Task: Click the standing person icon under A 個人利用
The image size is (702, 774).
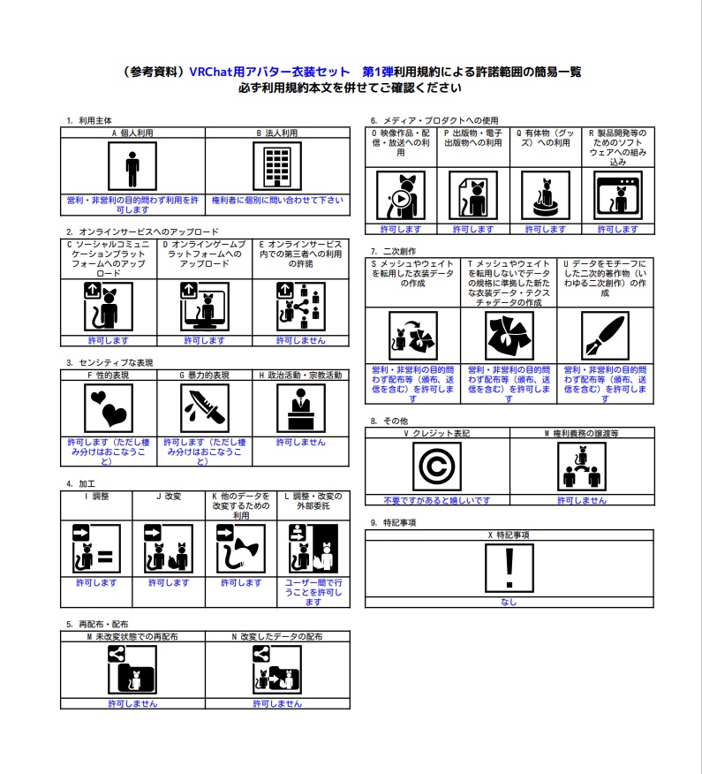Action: (132, 166)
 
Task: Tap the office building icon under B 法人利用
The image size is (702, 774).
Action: (277, 166)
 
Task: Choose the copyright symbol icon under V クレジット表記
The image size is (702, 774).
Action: (437, 467)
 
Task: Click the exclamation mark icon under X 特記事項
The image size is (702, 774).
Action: (510, 568)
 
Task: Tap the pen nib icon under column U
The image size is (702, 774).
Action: (605, 336)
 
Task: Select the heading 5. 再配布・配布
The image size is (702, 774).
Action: (97, 624)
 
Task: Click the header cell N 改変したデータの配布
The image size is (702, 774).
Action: (277, 637)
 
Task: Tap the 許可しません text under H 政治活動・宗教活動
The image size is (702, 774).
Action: (301, 443)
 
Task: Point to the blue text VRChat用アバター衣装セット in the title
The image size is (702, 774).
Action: (269, 72)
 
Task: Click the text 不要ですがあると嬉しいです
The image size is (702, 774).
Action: (437, 500)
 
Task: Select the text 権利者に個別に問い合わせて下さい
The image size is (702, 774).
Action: (277, 200)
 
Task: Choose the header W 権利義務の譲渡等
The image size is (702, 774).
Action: (582, 434)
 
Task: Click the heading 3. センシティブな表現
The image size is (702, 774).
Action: (109, 363)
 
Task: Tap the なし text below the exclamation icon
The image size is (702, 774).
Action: (510, 603)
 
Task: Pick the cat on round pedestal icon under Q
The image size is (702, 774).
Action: (546, 195)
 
